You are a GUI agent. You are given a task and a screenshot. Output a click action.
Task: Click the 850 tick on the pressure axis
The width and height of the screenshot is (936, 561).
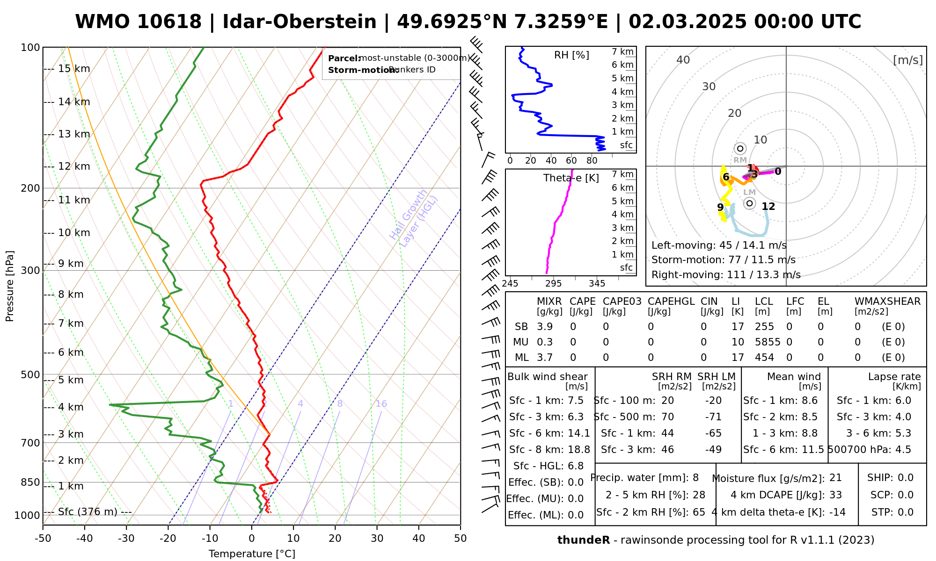[31, 482]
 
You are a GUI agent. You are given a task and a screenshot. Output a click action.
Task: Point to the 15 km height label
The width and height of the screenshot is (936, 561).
[74, 69]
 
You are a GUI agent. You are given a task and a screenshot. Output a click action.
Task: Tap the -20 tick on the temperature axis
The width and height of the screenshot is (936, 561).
[168, 539]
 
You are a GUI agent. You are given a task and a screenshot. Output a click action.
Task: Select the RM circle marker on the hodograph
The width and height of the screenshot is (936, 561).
[740, 149]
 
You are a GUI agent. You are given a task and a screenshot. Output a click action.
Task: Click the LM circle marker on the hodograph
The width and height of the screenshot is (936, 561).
[750, 203]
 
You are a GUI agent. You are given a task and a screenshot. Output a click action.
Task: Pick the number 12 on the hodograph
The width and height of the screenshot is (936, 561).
[768, 207]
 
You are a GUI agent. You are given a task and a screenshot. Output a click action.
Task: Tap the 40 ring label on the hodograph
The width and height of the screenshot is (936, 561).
[683, 60]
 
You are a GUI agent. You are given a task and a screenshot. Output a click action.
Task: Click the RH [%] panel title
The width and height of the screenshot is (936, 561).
[571, 55]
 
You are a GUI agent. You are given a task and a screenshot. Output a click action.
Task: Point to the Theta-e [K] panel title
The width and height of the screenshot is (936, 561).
[571, 178]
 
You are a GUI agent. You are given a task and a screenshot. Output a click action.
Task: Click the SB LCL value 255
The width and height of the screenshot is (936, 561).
[764, 327]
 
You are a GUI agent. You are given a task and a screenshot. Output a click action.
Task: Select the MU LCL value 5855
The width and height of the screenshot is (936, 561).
[768, 342]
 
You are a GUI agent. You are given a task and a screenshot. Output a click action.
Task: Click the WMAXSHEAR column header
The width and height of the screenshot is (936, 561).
[887, 302]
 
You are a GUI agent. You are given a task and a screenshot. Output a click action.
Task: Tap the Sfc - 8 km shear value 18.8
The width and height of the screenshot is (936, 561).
[579, 450]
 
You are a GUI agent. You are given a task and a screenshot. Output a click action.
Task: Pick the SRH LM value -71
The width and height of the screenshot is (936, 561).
[713, 417]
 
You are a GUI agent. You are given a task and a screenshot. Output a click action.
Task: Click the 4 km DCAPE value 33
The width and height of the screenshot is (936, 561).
[835, 495]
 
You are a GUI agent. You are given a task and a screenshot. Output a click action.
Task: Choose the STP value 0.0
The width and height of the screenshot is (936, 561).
[906, 512]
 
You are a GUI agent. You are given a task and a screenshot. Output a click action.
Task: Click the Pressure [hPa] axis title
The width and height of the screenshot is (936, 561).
[10, 286]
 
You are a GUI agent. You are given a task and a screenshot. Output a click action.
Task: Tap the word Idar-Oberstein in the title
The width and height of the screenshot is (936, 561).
[300, 22]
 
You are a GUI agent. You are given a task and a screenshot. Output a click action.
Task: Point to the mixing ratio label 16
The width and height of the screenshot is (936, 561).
[381, 404]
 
